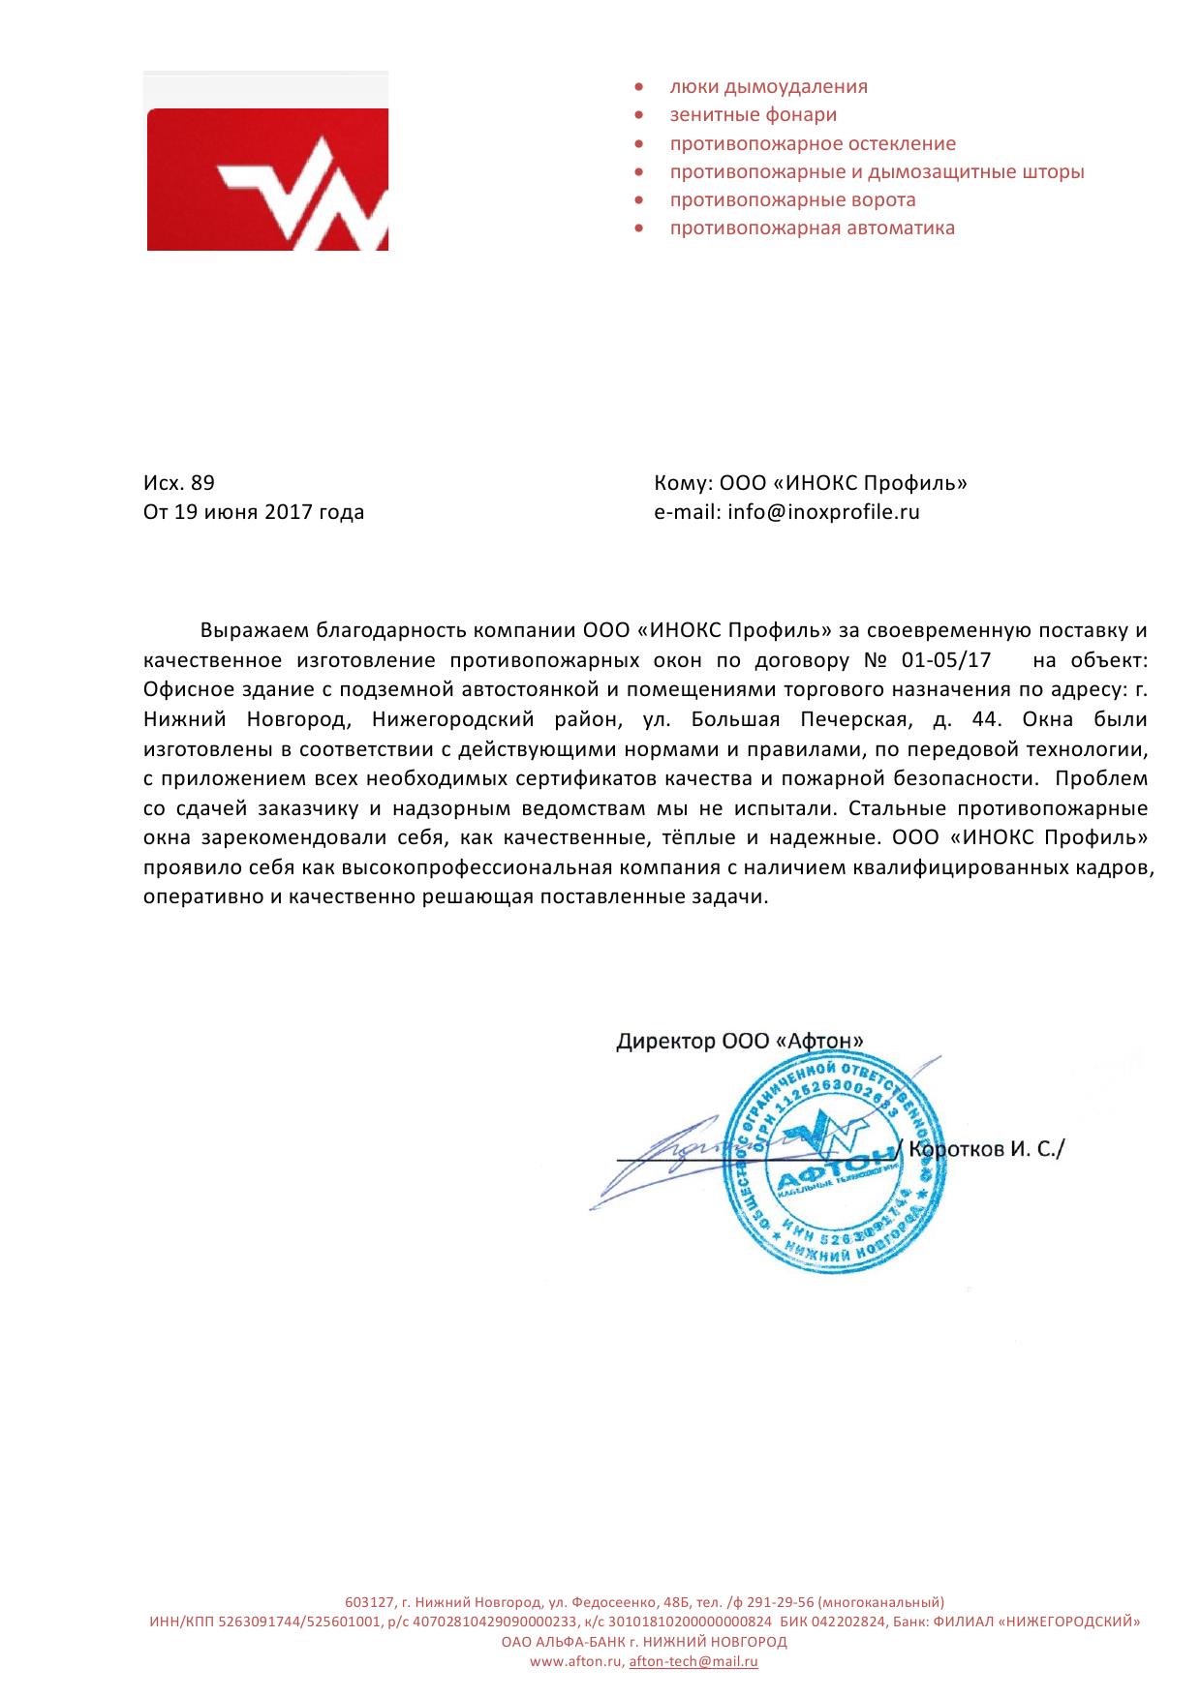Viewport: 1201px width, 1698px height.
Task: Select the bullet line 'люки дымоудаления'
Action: pos(768,87)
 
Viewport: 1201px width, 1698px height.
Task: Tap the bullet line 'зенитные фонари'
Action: pos(753,115)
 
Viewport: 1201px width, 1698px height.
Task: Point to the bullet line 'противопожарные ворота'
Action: pos(792,200)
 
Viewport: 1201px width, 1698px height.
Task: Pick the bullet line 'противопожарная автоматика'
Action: pos(812,228)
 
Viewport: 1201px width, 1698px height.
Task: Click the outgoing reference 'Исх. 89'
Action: pos(179,483)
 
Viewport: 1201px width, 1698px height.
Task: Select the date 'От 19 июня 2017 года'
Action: pos(254,512)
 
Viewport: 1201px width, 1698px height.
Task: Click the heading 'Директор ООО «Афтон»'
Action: pos(740,1042)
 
